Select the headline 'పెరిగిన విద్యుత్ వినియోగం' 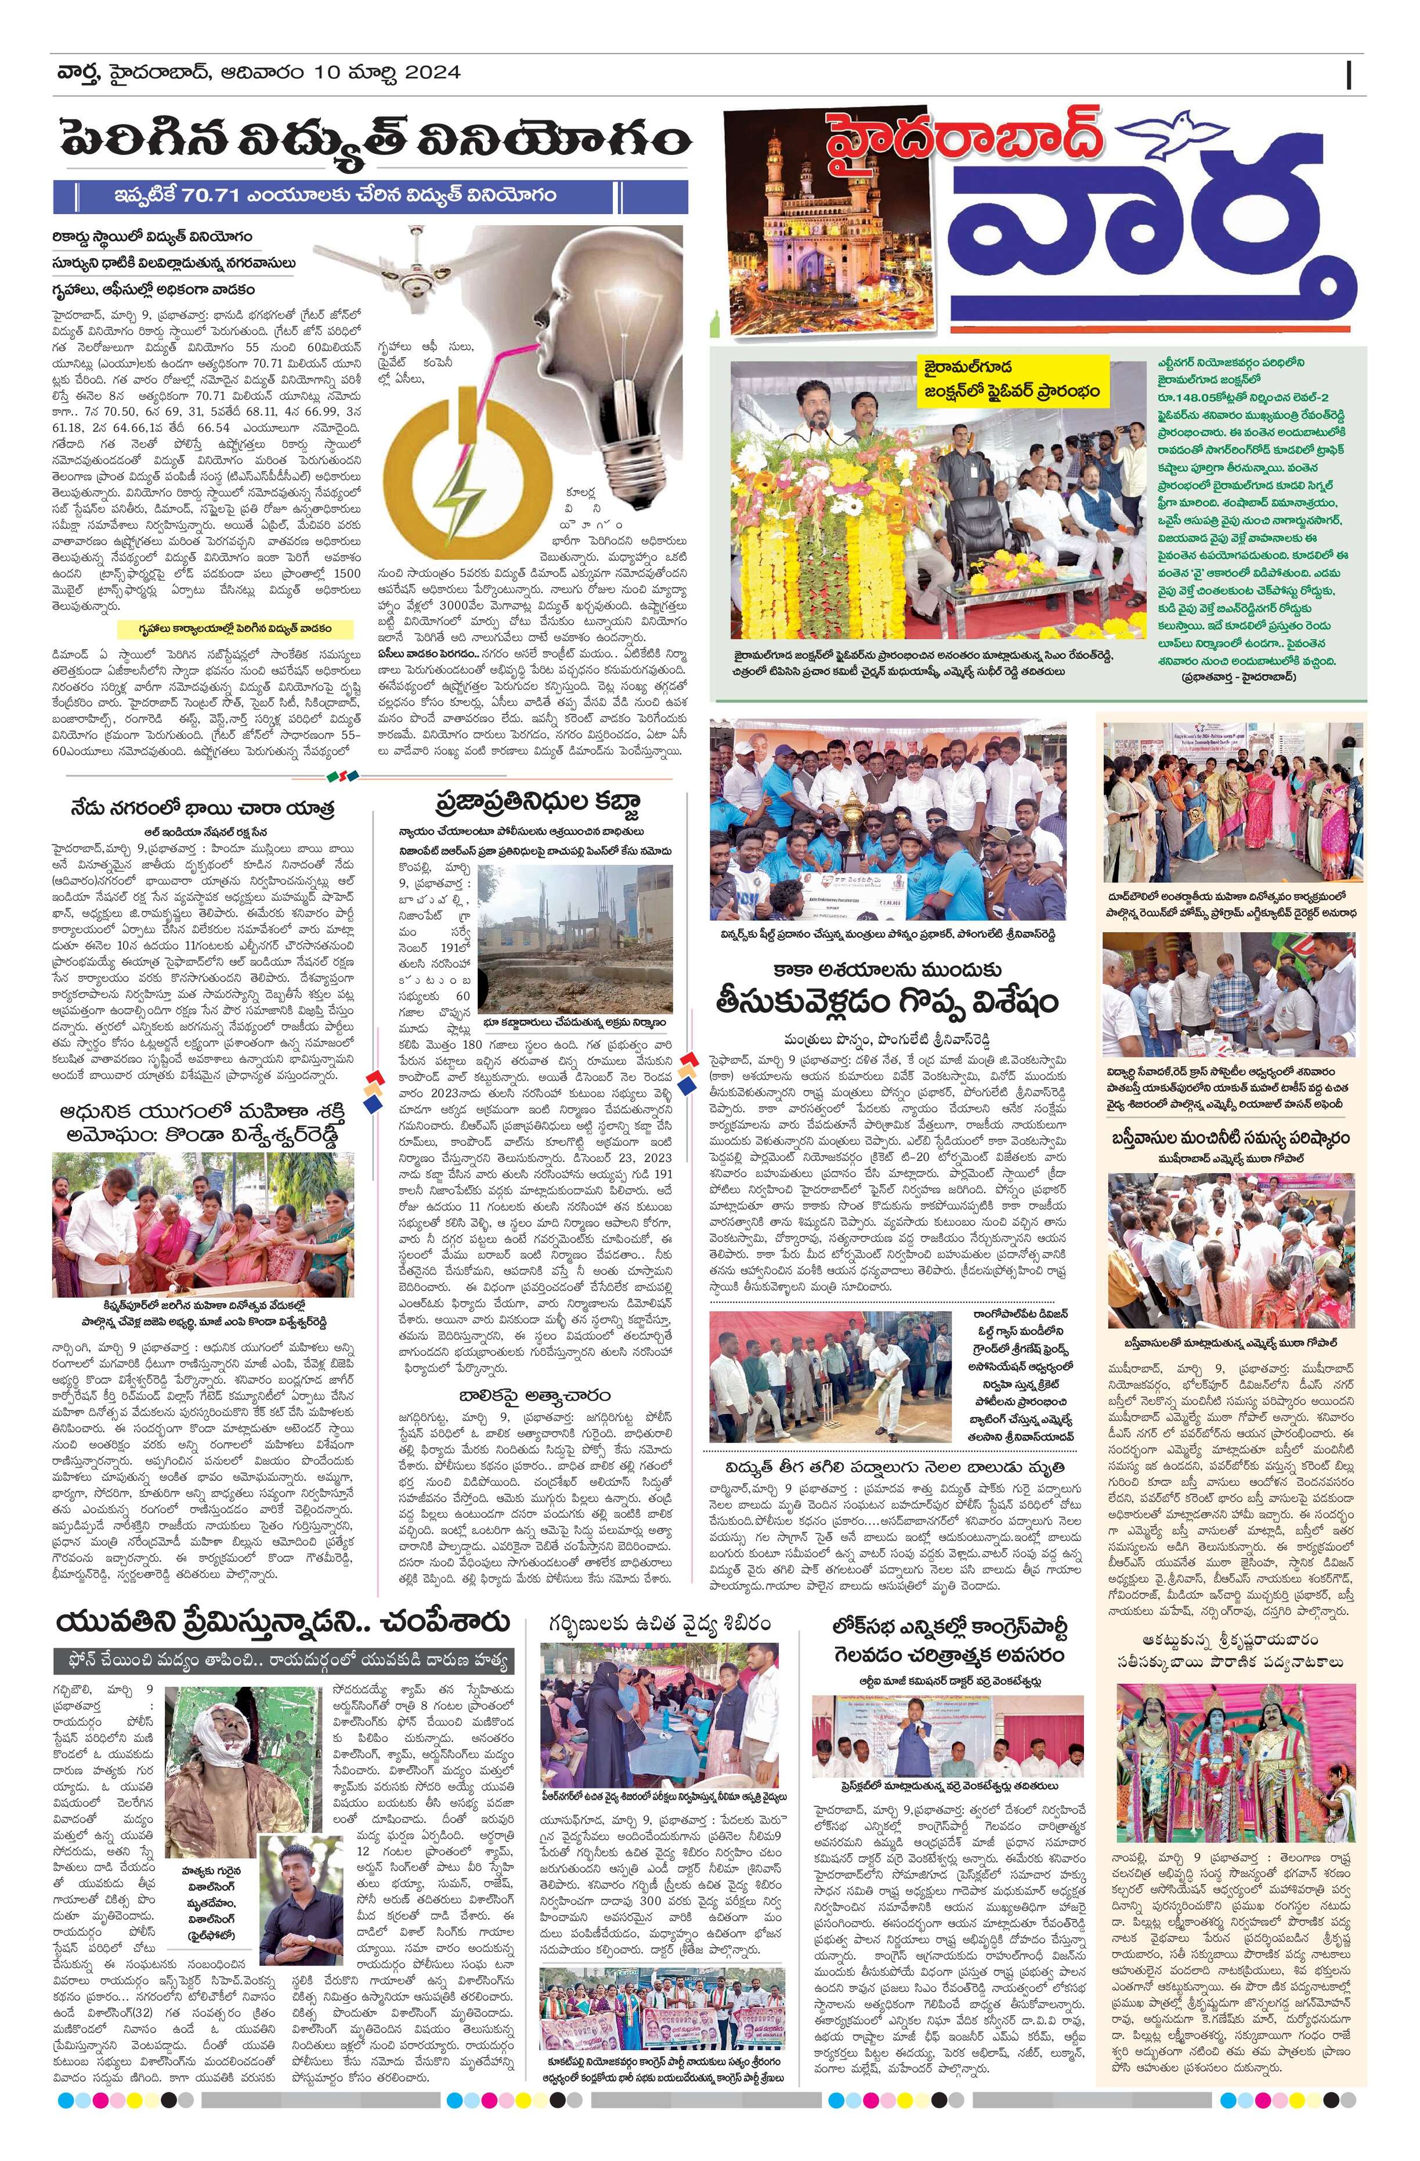click(370, 140)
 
